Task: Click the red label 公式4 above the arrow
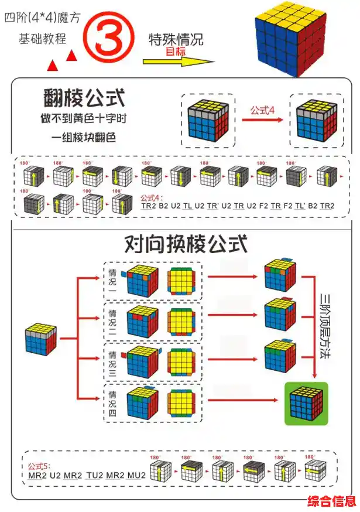point(262,110)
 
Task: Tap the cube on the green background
point(305,403)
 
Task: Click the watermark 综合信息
point(332,501)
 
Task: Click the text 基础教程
point(42,39)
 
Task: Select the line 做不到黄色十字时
point(84,118)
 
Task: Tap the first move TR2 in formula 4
point(149,206)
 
